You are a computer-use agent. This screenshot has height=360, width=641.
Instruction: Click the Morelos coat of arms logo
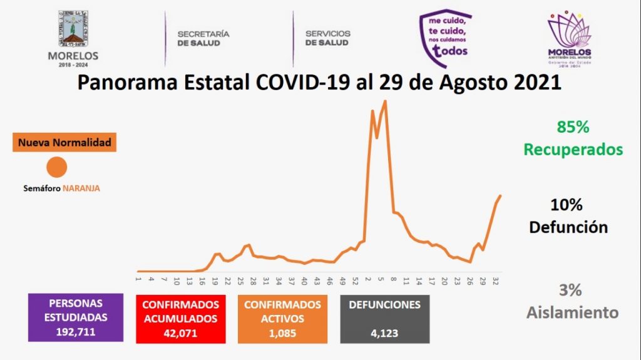[x=73, y=29]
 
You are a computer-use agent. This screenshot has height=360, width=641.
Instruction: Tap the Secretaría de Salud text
[x=203, y=38]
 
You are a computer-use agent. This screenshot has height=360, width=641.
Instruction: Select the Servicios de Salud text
[x=327, y=38]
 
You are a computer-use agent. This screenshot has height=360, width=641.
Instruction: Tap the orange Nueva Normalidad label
[x=64, y=143]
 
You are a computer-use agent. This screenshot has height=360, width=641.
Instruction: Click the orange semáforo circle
[x=58, y=168]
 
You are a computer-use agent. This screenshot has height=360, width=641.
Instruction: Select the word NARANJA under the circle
[x=81, y=187]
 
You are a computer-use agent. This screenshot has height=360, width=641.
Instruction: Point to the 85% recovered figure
[x=573, y=127]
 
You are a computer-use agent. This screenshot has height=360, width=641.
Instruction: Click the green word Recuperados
[x=573, y=150]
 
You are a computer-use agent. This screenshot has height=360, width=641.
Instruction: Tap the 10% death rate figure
[x=567, y=205]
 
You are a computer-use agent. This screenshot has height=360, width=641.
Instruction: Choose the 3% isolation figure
[x=570, y=290]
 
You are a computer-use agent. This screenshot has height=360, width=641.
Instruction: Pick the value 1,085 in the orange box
[x=282, y=333]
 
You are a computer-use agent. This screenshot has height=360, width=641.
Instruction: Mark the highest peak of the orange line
[x=386, y=101]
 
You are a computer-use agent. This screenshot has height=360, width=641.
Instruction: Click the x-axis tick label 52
[x=354, y=279]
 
